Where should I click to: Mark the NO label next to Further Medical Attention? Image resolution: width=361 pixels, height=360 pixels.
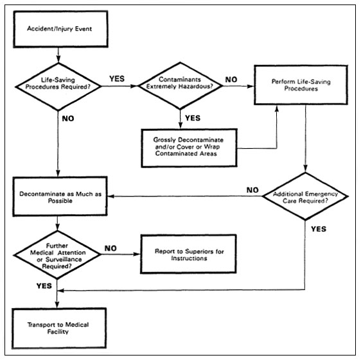click(110, 246)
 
